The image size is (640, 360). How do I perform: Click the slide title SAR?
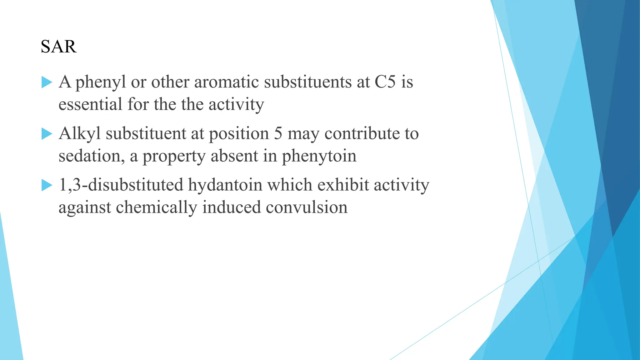coord(58,47)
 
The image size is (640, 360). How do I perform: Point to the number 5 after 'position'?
coord(278,134)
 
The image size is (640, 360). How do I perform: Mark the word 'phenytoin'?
coord(319,157)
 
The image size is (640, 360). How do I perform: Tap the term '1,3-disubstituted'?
coord(121,185)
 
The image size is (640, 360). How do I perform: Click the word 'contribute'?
coord(362,134)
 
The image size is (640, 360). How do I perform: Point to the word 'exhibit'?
coord(343,185)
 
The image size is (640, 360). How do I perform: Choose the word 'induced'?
coord(231,207)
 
